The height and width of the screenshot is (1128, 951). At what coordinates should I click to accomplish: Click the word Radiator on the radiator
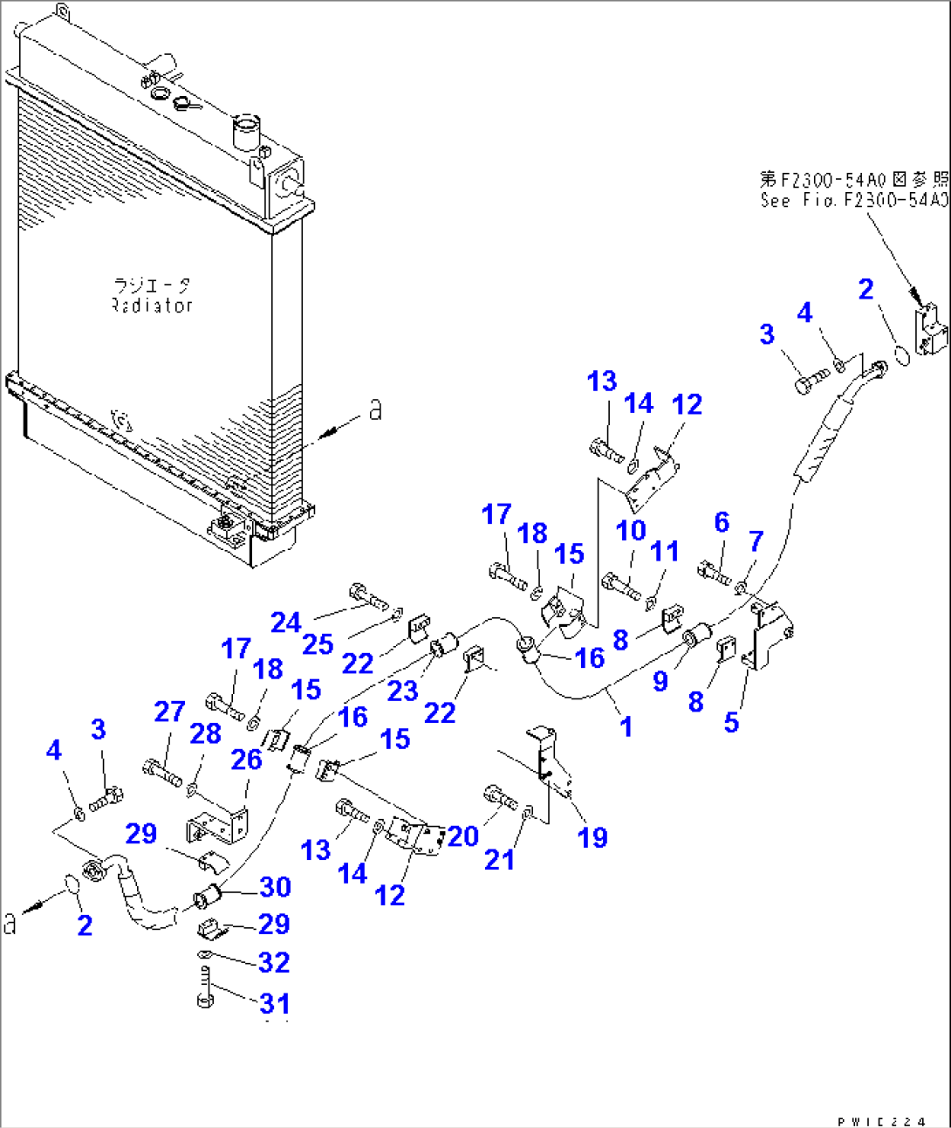(x=152, y=306)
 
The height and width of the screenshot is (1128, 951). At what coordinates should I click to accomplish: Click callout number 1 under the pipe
(x=626, y=726)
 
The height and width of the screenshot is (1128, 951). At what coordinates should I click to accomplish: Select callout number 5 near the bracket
(x=731, y=722)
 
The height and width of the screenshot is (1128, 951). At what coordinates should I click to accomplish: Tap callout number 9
(x=660, y=680)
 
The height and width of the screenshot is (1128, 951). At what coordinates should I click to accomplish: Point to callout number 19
(x=592, y=837)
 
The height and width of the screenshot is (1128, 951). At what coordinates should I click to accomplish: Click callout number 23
(x=402, y=691)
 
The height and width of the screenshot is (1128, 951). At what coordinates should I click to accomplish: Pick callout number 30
(x=275, y=887)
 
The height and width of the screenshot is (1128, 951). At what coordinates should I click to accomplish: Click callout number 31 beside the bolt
(x=275, y=1003)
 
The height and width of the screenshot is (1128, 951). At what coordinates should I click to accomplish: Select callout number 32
(x=274, y=962)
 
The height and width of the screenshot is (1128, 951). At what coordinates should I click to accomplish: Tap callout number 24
(x=285, y=622)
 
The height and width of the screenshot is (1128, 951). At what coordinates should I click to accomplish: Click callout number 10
(x=631, y=530)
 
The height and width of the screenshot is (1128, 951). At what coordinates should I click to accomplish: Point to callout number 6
(x=722, y=522)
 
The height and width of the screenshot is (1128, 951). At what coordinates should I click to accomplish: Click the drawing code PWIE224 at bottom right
(x=881, y=1122)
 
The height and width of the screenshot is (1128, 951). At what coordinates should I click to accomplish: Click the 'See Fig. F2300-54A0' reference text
(x=853, y=200)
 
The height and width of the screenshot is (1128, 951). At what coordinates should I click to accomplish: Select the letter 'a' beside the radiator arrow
(x=375, y=409)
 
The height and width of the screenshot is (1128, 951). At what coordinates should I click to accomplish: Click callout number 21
(x=499, y=859)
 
